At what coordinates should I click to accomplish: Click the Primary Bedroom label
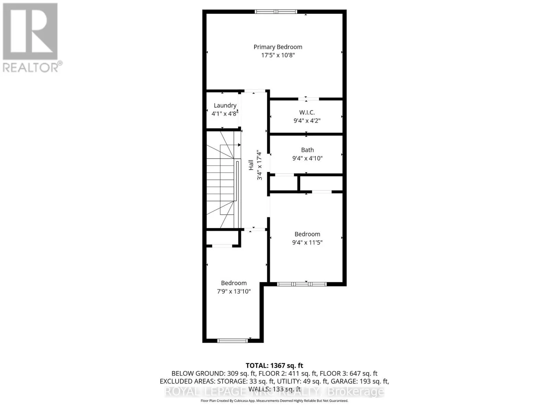278,47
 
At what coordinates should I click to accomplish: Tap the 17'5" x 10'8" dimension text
278,55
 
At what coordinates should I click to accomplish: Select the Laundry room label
225,105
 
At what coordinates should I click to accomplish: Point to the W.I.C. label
307,112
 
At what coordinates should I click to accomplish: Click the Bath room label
307,150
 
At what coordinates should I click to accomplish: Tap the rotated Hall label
251,165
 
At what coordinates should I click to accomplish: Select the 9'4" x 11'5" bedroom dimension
307,242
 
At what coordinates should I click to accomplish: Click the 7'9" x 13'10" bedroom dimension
234,291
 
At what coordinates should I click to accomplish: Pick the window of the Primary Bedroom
276,12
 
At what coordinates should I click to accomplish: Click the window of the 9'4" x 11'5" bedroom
302,284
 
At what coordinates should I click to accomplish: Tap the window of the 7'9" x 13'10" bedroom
232,341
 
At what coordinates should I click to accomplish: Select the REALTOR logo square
30,31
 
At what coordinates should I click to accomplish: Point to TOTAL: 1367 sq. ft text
274,366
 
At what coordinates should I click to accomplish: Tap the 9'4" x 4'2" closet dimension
307,121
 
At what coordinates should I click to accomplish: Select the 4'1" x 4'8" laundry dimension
224,114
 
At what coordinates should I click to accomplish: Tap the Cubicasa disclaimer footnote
274,401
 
